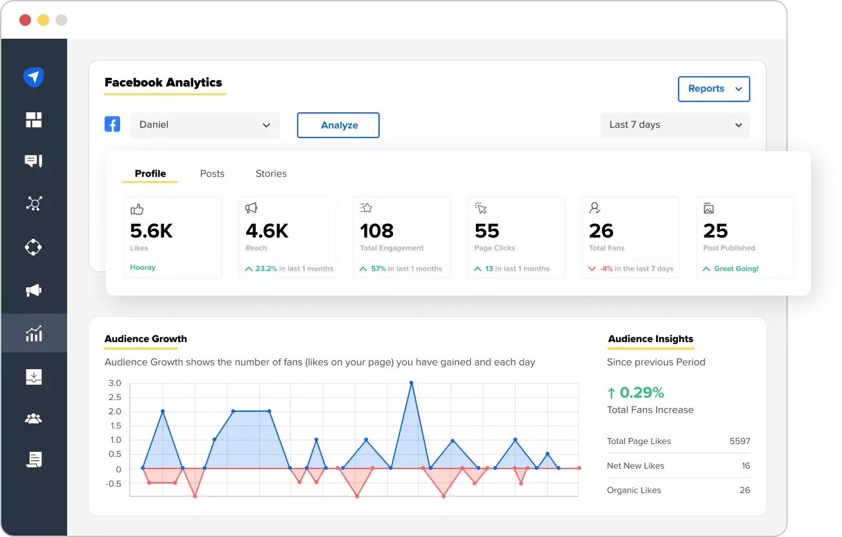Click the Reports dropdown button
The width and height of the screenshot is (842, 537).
pos(714,89)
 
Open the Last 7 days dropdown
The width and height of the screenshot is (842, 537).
pos(675,125)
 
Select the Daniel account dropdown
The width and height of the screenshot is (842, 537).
pos(205,125)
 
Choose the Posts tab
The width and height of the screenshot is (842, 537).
pos(212,174)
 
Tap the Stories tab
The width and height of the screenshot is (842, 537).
pos(271,174)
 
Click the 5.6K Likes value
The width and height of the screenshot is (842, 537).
pos(151,231)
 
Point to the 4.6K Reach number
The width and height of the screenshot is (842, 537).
pos(267,231)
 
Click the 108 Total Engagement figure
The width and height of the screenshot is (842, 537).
pos(376,231)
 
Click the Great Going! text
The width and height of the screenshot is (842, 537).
pos(735,268)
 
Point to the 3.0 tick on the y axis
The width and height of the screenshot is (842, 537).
pos(114,383)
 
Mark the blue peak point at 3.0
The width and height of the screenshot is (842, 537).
pos(411,383)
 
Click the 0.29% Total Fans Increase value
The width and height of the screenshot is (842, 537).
pos(641,392)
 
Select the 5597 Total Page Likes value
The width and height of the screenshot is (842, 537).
pos(739,441)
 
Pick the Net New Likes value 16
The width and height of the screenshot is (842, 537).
pos(745,466)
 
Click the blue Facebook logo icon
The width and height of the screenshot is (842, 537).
pos(112,125)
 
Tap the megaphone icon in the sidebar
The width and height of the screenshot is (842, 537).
pos(34,291)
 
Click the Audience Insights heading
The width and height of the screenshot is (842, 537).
pos(650,339)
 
